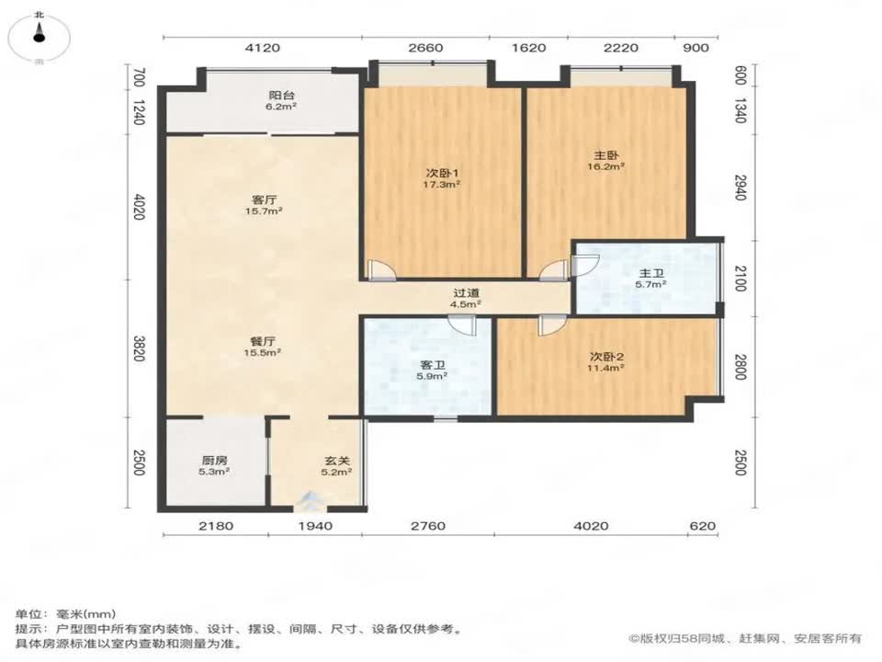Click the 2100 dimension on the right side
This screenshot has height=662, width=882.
point(740,278)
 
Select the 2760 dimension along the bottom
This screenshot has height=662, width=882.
point(427,526)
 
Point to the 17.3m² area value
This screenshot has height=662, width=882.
point(442,184)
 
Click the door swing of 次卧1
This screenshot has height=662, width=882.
point(379,268)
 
